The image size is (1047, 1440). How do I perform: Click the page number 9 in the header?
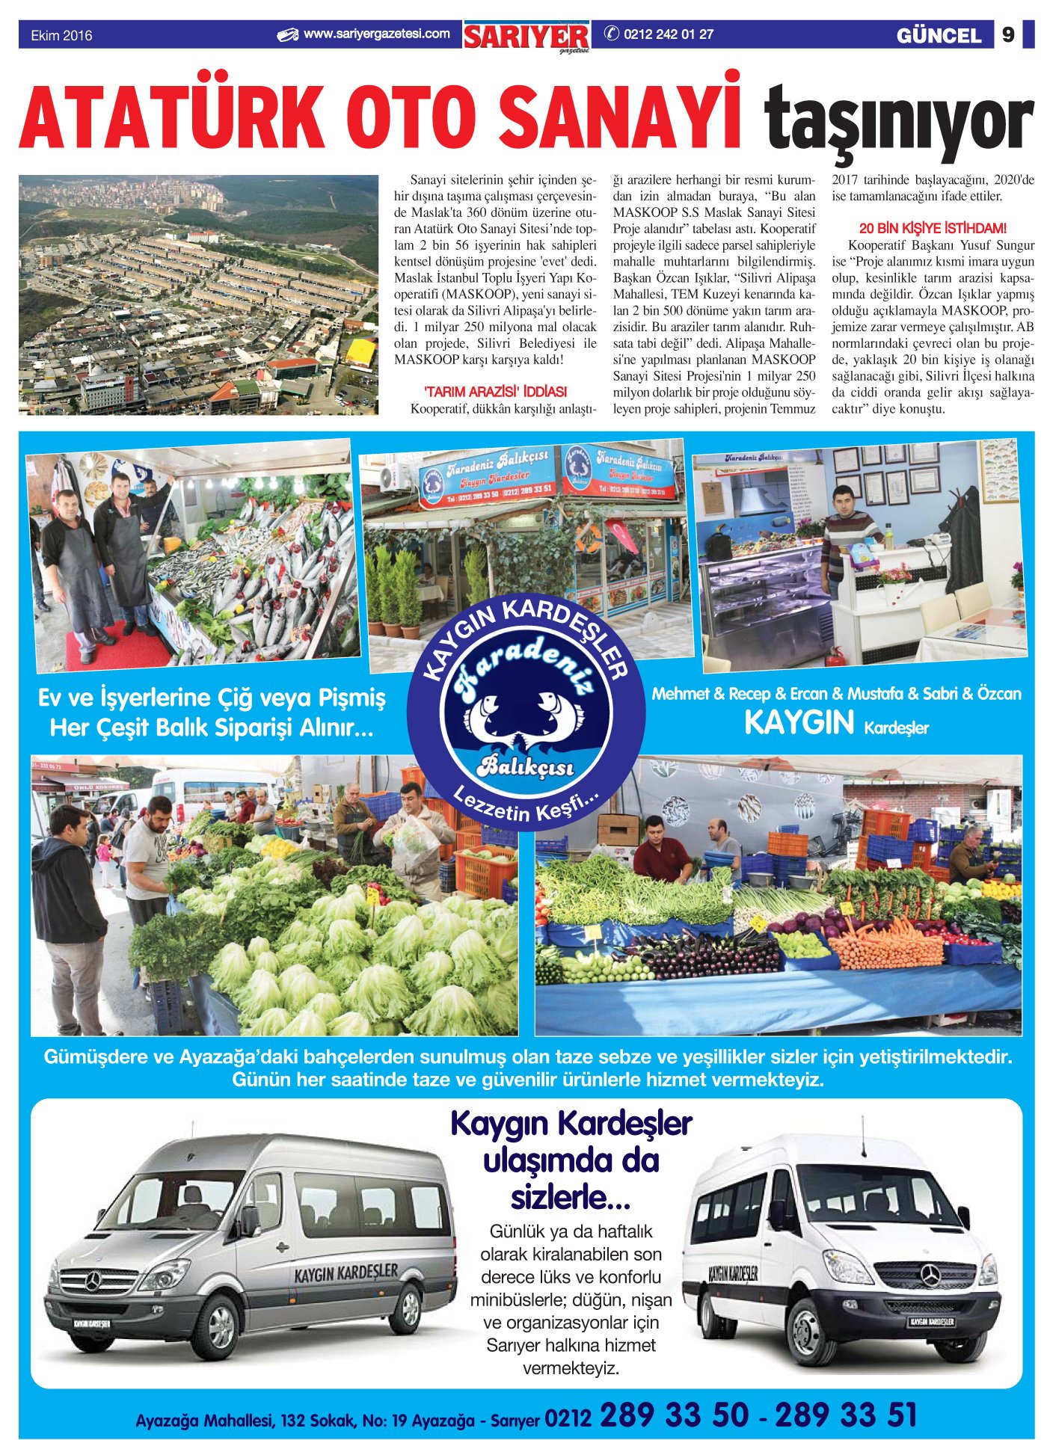pos(1007,35)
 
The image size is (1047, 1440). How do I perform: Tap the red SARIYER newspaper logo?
pos(526,36)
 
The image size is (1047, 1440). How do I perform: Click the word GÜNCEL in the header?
pos(939,36)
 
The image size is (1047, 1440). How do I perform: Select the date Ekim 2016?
pos(61,36)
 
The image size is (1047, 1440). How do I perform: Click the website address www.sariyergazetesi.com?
pos(376,34)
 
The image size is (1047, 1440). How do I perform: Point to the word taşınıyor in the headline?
pos(897,120)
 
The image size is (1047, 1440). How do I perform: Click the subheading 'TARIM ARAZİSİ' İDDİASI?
pos(495,392)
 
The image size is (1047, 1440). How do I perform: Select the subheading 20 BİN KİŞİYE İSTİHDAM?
pos(933,228)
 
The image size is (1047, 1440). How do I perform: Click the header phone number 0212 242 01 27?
pos(668,34)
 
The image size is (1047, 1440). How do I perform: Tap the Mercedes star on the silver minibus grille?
pos(92,1281)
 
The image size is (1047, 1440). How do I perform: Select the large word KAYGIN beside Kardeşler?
pos(799,723)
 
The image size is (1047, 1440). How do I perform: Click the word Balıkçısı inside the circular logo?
pos(526,766)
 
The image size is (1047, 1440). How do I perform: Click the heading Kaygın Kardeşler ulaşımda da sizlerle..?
pos(571,1160)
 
